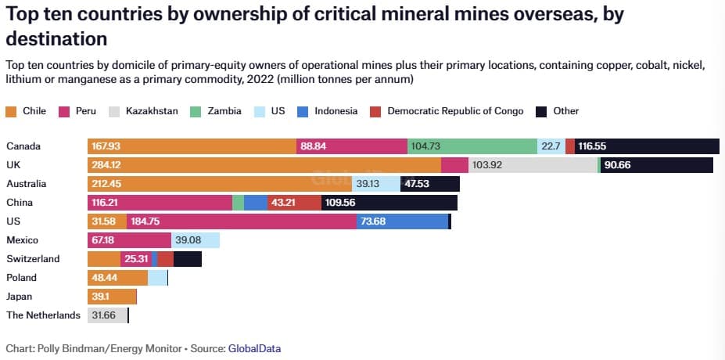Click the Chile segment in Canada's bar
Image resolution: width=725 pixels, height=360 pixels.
click(x=192, y=146)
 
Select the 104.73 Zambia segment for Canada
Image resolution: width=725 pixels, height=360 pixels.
click(x=472, y=146)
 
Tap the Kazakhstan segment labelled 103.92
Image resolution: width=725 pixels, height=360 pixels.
click(x=533, y=165)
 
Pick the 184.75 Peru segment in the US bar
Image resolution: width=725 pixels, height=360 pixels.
click(x=242, y=221)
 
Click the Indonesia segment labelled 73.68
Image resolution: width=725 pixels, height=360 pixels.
click(x=402, y=221)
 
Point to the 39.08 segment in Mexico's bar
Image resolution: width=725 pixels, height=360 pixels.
click(x=195, y=240)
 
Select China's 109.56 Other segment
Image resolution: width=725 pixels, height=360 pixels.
click(x=389, y=203)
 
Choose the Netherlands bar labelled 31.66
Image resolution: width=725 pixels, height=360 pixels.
click(x=107, y=315)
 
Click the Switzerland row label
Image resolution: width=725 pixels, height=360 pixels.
click(x=33, y=259)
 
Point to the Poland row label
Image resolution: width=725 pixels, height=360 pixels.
click(x=22, y=278)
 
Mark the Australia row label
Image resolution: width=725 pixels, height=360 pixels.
click(x=27, y=184)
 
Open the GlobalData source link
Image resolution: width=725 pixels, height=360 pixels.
click(x=254, y=348)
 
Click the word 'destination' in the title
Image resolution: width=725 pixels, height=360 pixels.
click(x=56, y=38)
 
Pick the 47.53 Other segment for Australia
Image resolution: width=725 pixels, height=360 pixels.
click(x=429, y=184)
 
